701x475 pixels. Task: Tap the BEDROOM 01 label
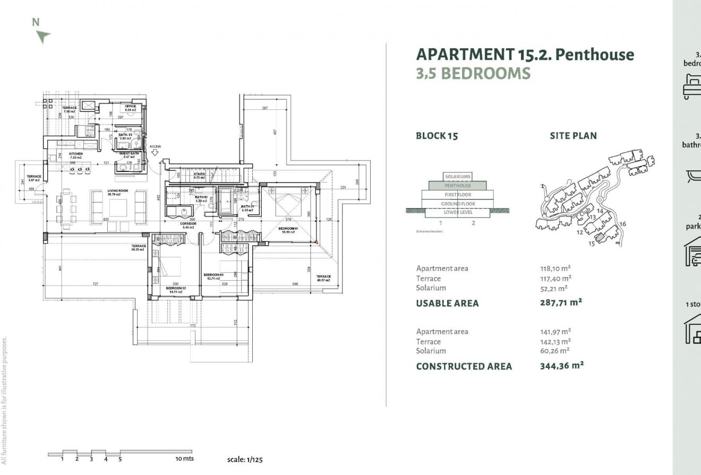point(289,229)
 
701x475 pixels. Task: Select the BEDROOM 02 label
point(176,288)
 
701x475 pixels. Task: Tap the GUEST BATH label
point(129,153)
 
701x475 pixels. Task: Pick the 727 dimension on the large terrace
point(95,284)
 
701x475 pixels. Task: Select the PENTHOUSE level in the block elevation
point(457,186)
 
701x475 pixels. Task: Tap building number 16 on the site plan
point(623,224)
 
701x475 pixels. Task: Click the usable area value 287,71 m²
point(561,303)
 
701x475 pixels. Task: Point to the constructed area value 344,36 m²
point(561,365)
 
